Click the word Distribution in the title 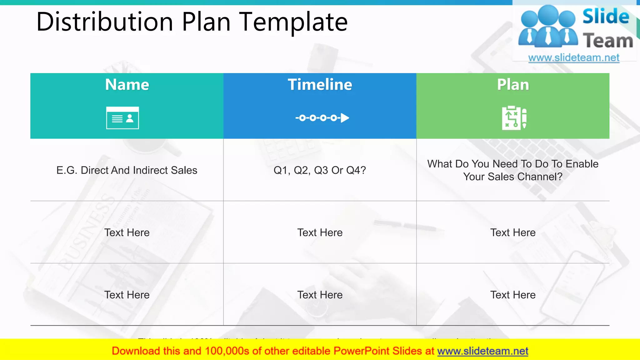point(105,22)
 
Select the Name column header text point(127,85)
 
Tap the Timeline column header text point(320,85)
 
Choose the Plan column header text point(513,85)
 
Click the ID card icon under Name point(122,118)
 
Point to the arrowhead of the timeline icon point(345,118)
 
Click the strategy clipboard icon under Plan point(514,118)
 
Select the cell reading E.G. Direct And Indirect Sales point(127,170)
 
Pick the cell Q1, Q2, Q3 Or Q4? point(320,170)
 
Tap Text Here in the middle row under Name point(127,232)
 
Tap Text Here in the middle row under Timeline point(320,232)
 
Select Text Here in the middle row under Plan point(513,232)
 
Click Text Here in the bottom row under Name point(127,295)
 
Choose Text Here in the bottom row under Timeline point(320,295)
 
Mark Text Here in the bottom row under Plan point(513,295)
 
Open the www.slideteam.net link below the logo point(574,58)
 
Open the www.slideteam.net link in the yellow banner point(482,351)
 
